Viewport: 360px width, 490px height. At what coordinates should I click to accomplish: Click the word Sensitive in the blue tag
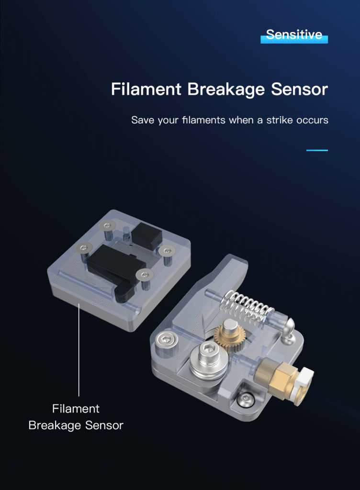click(294, 34)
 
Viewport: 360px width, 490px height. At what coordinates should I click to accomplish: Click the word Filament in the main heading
click(146, 89)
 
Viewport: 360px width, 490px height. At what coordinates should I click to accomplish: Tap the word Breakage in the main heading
click(226, 89)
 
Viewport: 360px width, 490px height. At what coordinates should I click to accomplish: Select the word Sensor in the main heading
click(299, 89)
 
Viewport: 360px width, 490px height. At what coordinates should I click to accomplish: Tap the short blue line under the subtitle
click(317, 150)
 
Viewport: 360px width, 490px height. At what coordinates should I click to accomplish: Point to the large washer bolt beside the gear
click(208, 360)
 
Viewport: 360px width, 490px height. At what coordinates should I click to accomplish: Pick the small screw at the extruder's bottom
click(245, 401)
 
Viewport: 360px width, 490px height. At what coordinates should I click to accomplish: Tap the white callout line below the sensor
click(79, 350)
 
